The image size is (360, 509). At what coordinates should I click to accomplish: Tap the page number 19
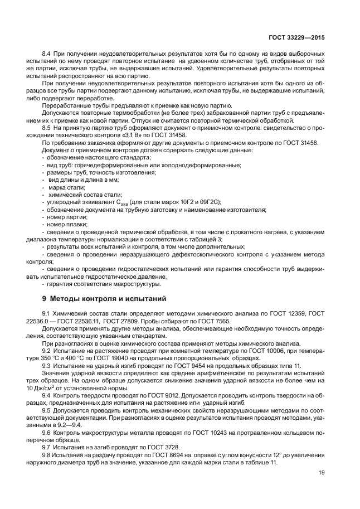click(x=322, y=473)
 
